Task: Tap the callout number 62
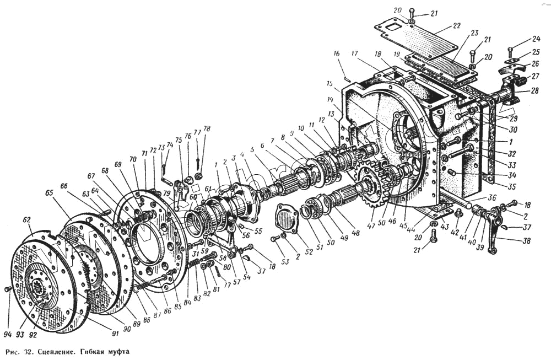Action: click(x=26, y=219)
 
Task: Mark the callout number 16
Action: click(x=336, y=53)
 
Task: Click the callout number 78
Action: click(x=207, y=128)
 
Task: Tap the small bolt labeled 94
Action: click(x=7, y=288)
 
